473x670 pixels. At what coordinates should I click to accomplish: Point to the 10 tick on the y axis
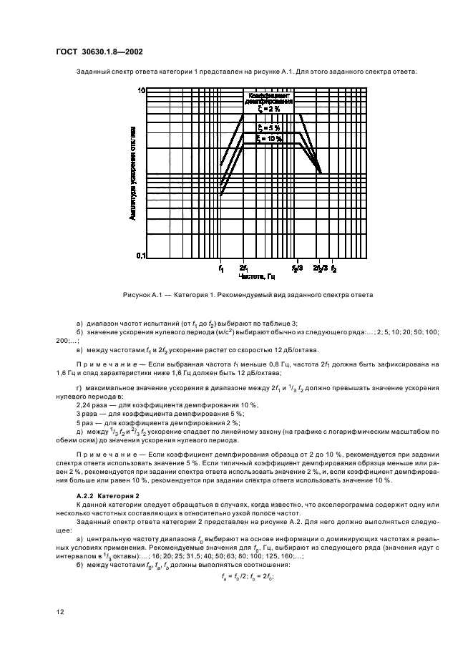coord(141,91)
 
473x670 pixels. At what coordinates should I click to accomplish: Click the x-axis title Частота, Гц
coord(257,276)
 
